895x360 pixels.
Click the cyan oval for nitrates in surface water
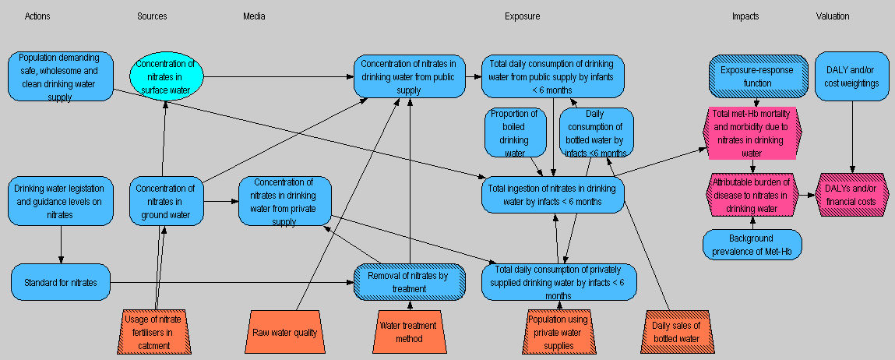165,76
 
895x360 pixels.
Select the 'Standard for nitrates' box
61,283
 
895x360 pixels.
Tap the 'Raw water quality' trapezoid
285,332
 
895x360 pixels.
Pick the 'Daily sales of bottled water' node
676,332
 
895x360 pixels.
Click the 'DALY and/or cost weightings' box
854,76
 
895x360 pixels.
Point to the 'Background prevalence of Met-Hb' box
752,244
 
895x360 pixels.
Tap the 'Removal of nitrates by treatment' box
409,282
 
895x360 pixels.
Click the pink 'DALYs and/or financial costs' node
851,195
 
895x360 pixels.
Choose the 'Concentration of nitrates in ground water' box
165,201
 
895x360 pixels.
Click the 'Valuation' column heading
833,16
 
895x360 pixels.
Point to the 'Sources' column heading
152,16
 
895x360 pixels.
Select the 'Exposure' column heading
522,16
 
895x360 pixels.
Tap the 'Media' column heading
254,16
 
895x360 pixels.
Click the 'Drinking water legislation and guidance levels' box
61,201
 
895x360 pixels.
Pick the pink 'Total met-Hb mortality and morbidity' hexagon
752,132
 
